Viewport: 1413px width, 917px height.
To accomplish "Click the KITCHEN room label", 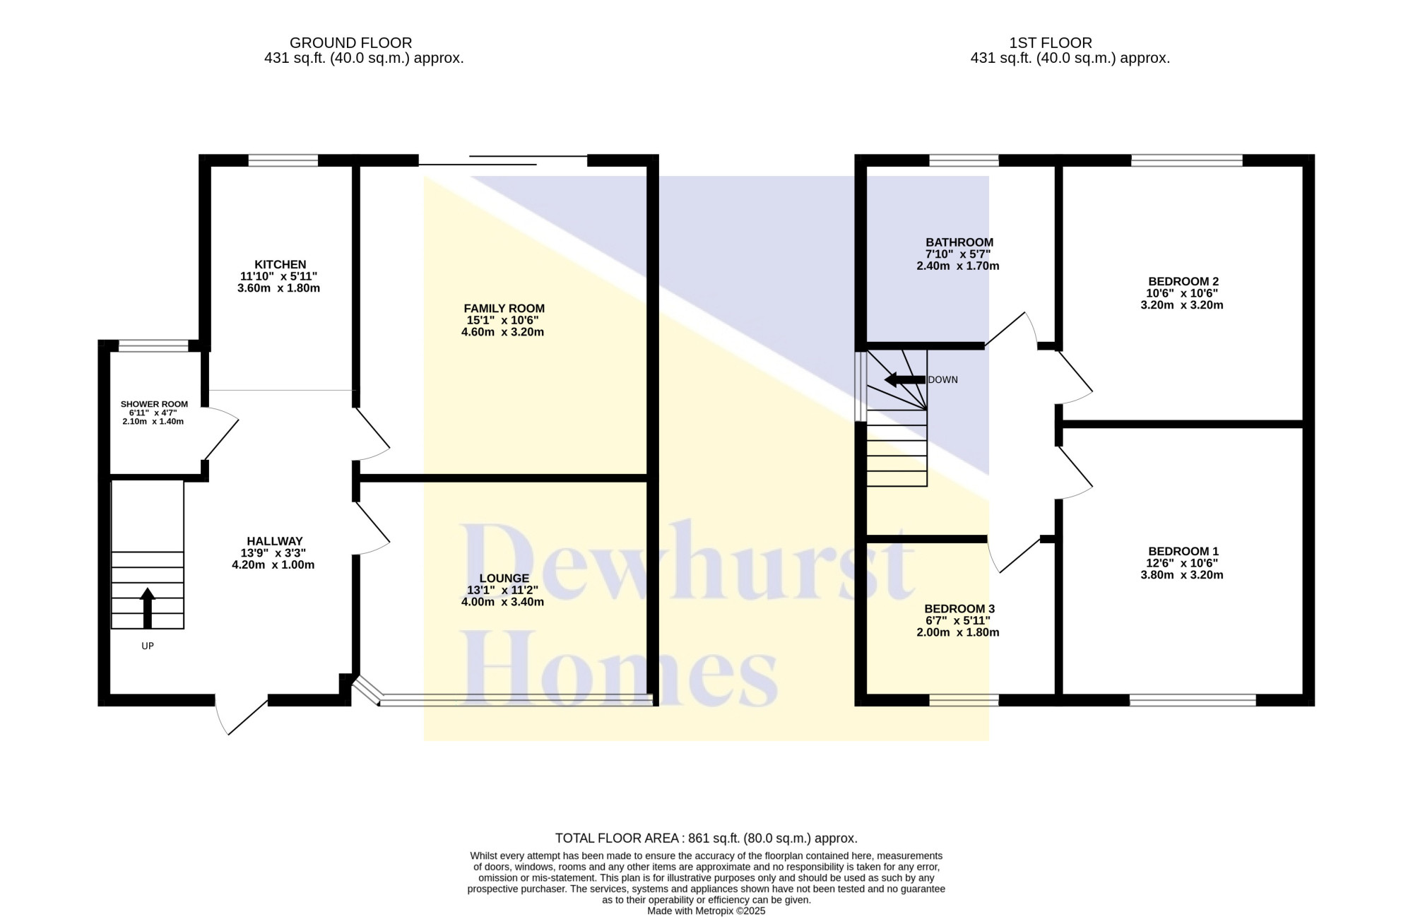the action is click(280, 265).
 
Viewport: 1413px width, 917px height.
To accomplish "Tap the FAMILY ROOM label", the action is click(504, 309).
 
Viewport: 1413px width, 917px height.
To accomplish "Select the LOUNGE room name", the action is click(504, 579).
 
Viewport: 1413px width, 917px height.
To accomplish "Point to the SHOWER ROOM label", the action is click(154, 405).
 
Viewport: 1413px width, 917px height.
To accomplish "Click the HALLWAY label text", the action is click(275, 541).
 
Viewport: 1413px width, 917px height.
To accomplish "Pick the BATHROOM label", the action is click(959, 242).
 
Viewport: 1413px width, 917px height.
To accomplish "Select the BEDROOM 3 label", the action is click(959, 608).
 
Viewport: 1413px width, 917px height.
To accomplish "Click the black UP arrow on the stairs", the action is click(148, 608).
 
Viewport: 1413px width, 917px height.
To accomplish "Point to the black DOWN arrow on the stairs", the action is click(905, 380).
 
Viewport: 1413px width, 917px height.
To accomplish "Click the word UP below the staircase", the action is click(148, 646).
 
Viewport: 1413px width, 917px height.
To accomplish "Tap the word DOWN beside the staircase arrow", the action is click(943, 379).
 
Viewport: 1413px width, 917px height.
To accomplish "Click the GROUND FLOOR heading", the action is click(351, 43).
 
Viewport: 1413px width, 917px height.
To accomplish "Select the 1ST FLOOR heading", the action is click(1051, 43).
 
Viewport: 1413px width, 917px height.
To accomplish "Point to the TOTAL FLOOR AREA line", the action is click(706, 839).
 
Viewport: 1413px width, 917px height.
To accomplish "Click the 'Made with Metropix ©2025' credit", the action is click(706, 911).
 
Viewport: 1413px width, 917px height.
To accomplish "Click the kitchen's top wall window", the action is click(283, 160).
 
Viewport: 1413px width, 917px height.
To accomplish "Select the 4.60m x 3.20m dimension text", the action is click(502, 332).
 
